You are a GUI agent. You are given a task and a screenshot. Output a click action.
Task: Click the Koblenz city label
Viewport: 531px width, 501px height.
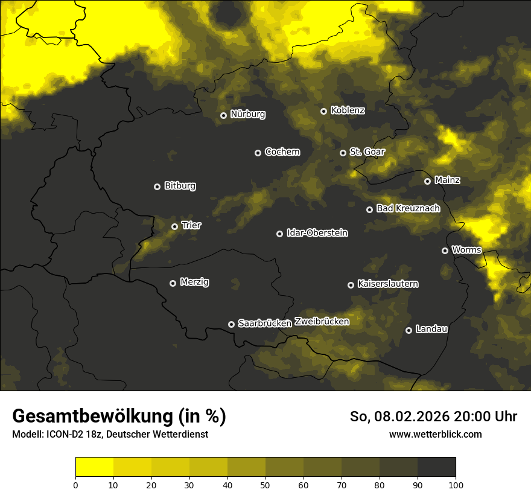348,110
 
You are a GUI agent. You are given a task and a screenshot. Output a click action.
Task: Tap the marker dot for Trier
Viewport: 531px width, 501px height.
175,226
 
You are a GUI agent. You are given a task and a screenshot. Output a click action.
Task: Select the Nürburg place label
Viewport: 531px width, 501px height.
247,114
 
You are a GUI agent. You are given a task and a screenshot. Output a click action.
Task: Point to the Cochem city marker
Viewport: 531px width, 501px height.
258,153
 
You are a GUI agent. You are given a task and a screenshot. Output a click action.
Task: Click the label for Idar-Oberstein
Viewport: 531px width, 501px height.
317,233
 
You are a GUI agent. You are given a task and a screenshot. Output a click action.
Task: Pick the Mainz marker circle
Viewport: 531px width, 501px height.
427,181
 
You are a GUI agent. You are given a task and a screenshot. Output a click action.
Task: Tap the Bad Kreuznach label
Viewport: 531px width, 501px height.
408,208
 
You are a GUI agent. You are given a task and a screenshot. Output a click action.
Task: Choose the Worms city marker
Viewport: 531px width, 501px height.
445,250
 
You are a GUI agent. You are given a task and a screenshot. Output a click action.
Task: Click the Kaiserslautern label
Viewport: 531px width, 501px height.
387,284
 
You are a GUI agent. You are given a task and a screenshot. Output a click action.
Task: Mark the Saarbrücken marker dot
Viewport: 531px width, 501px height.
231,324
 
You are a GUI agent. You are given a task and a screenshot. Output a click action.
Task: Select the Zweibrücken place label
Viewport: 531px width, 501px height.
322,322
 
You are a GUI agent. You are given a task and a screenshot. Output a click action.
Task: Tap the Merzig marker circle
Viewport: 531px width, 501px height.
173,283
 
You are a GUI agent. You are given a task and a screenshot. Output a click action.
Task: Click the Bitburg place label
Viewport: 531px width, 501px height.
180,186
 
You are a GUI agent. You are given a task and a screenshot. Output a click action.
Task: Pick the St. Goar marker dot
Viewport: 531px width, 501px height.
343,153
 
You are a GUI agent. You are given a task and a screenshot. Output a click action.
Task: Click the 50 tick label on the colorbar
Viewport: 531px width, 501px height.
265,484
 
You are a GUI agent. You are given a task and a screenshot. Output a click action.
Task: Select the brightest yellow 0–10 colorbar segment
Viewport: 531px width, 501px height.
94,467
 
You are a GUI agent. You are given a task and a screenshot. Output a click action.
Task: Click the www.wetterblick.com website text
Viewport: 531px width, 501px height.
435,435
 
